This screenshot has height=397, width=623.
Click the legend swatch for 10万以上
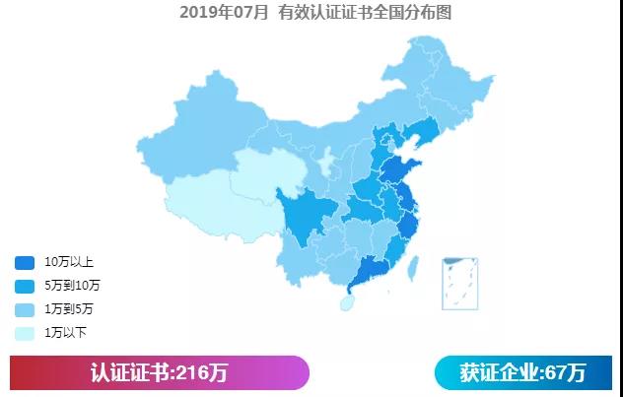tap(25, 263)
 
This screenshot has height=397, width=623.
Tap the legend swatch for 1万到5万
tap(25, 309)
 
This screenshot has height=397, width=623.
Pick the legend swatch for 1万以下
tap(25, 333)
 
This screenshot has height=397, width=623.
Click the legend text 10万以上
tap(69, 263)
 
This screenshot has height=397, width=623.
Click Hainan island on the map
tap(347, 299)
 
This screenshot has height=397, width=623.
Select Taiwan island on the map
tap(414, 265)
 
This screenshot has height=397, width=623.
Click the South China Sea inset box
tap(459, 282)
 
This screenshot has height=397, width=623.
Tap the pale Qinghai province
tap(266, 172)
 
